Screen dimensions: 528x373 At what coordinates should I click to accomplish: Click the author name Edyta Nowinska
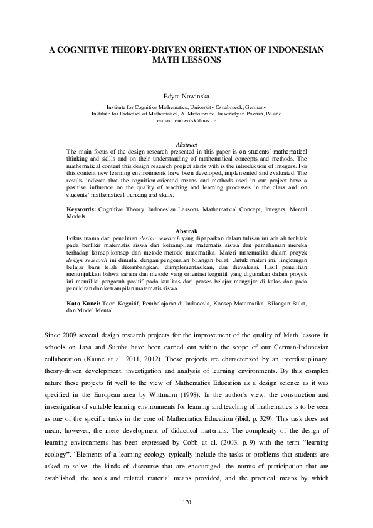point(186,96)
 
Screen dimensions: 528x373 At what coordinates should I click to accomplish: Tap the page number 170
point(186,502)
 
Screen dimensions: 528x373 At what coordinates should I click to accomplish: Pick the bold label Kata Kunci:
point(83,303)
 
